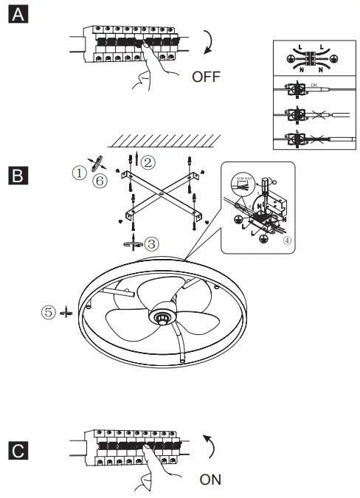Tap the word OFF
pyautogui.click(x=206, y=77)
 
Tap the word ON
pyautogui.click(x=210, y=480)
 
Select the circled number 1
pyautogui.click(x=78, y=173)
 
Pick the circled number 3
pyautogui.click(x=151, y=243)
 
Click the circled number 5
pyautogui.click(x=49, y=312)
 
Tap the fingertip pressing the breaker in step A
pyautogui.click(x=146, y=50)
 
